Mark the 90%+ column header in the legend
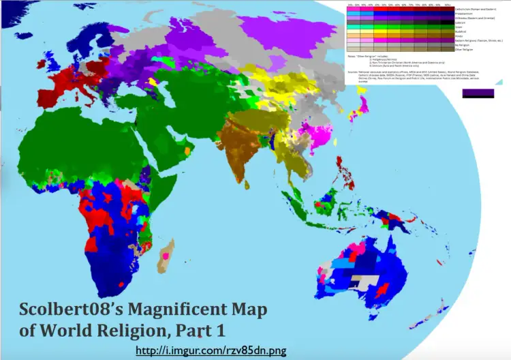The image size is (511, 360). click(447, 3)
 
